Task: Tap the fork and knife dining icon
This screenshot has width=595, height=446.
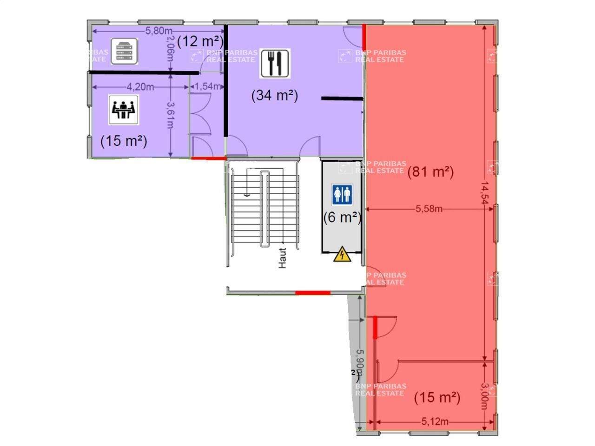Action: click(x=275, y=63)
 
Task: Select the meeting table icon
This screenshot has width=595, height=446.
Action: click(x=124, y=110)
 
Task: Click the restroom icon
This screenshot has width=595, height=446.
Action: click(x=343, y=194)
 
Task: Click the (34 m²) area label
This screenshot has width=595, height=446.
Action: click(x=275, y=95)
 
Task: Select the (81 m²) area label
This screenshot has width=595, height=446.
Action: click(x=430, y=172)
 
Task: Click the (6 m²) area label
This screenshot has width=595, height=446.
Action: click(x=342, y=217)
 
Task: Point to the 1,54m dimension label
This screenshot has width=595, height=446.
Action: click(x=207, y=86)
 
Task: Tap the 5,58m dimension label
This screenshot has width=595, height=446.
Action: click(x=429, y=209)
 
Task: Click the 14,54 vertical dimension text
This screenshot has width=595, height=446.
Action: click(x=485, y=193)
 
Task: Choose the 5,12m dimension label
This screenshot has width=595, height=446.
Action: click(x=435, y=422)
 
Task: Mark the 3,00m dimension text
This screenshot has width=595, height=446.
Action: click(x=485, y=395)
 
